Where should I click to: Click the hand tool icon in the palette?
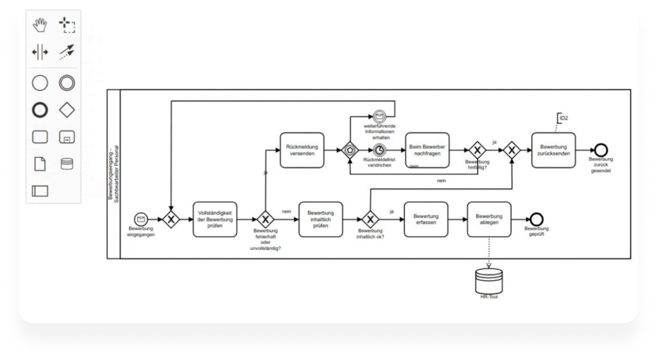pyautogui.click(x=40, y=25)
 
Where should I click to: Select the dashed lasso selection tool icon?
pyautogui.click(x=67, y=25)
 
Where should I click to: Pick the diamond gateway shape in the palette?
pyautogui.click(x=67, y=110)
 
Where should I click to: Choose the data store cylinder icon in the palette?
pyautogui.click(x=67, y=164)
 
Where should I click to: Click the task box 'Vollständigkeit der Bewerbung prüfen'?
pyautogui.click(x=215, y=219)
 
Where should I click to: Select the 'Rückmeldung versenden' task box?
pyautogui.click(x=302, y=150)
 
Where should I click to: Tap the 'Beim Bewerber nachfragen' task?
pyautogui.click(x=428, y=150)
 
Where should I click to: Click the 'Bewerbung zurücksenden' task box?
pyautogui.click(x=553, y=150)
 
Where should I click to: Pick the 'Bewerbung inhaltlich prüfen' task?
pyautogui.click(x=321, y=219)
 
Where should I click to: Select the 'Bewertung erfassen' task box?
pyautogui.click(x=426, y=219)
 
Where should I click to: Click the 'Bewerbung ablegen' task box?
pyautogui.click(x=489, y=219)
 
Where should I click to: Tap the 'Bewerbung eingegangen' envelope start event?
pyautogui.click(x=140, y=219)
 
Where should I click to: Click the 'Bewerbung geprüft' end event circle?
pyautogui.click(x=537, y=219)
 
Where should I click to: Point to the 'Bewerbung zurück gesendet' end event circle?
pyautogui.click(x=601, y=150)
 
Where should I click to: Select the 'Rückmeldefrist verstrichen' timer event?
pyautogui.click(x=379, y=150)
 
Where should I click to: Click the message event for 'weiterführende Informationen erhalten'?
pyautogui.click(x=379, y=117)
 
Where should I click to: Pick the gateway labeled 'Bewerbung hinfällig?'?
pyautogui.click(x=477, y=150)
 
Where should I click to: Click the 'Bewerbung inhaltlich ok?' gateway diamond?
pyautogui.click(x=370, y=219)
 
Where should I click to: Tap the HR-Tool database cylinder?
pyautogui.click(x=489, y=280)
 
